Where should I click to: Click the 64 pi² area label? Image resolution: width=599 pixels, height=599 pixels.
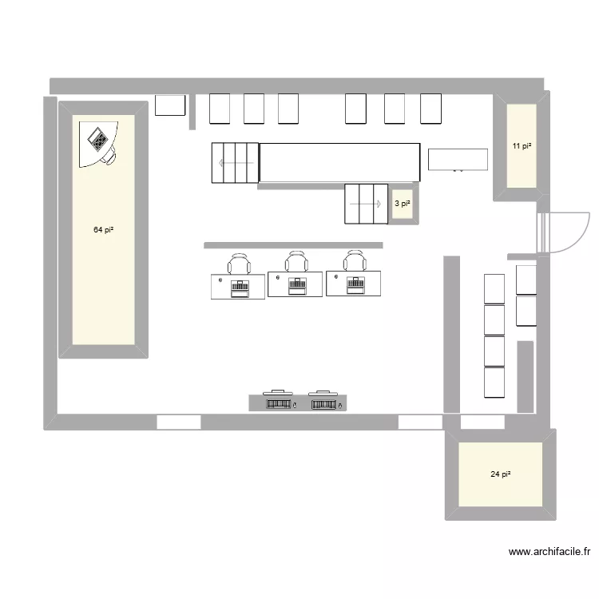coord(103,230)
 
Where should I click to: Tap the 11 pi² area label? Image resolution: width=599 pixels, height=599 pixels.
coord(522,146)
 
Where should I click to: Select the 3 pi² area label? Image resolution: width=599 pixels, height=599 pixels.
coord(403,204)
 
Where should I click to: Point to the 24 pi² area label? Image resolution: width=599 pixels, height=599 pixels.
coord(501,474)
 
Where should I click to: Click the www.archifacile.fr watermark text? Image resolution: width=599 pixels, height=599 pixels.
coord(549,551)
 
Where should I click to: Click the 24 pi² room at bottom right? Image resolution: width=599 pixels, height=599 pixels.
coord(501,487)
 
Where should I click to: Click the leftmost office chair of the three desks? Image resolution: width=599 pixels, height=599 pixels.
coord(239,264)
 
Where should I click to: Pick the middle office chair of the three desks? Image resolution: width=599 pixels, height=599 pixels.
coord(296,262)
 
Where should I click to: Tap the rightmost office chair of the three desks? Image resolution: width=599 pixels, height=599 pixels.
coord(355,261)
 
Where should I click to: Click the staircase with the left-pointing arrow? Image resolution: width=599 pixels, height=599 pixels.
coord(235,162)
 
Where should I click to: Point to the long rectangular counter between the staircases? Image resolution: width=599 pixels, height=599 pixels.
coord(339,162)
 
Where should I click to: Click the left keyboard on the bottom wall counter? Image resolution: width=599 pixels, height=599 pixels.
coord(278,404)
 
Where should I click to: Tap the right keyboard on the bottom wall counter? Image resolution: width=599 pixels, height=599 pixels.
coord(323,404)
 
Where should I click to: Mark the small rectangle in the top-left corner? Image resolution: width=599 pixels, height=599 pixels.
coord(170,105)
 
